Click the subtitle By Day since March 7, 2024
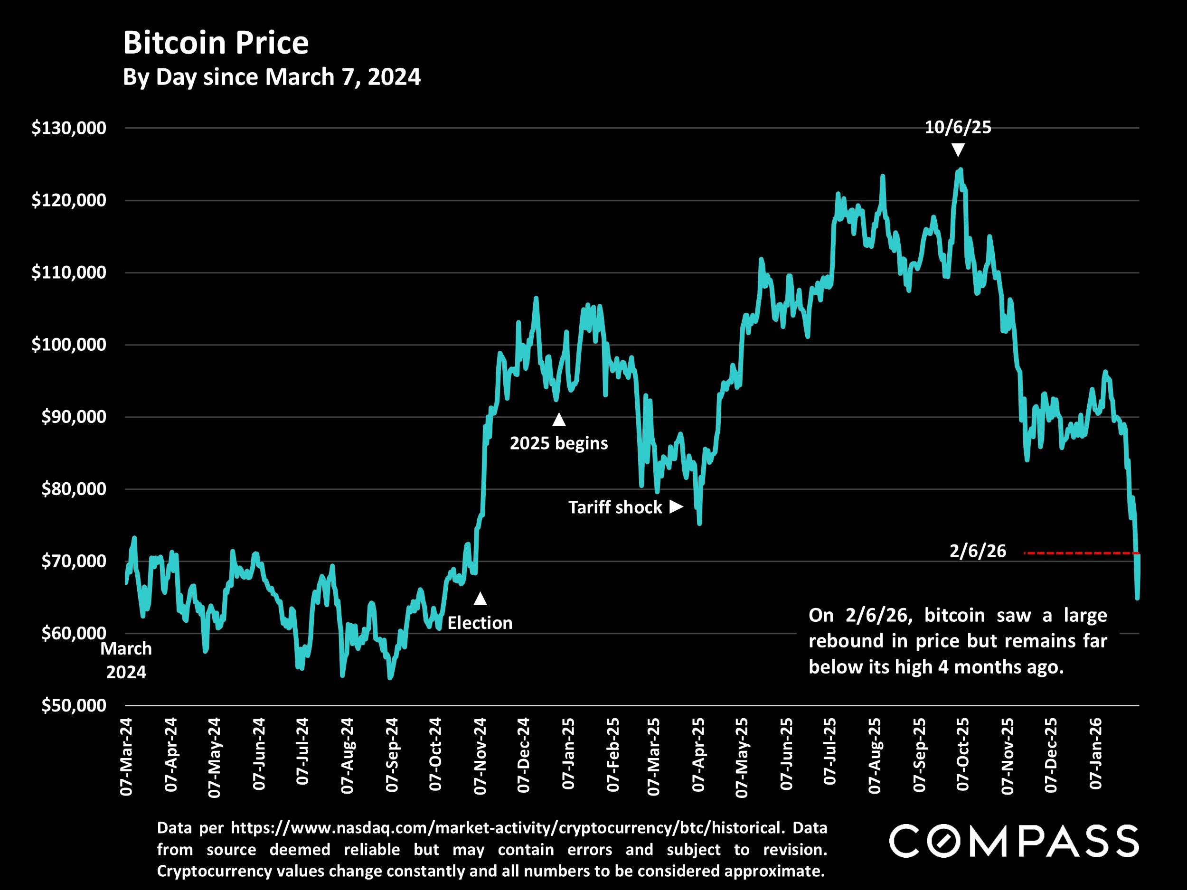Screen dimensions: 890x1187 (x=272, y=77)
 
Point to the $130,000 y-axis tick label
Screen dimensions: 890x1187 (x=69, y=128)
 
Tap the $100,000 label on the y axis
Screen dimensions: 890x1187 (x=69, y=345)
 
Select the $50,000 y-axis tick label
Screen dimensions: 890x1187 (x=74, y=705)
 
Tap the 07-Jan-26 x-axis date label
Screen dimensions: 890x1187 (x=1096, y=754)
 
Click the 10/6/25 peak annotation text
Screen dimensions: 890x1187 (x=958, y=127)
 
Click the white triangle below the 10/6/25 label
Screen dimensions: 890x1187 (x=958, y=150)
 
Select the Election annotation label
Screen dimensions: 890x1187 (x=480, y=623)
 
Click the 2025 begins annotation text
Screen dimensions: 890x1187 (x=559, y=443)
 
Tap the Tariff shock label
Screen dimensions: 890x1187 (x=615, y=507)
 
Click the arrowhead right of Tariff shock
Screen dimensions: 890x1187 (x=676, y=506)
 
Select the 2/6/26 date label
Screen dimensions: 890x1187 (x=978, y=551)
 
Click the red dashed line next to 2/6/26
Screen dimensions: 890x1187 (x=1079, y=553)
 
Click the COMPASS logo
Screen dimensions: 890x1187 (x=1014, y=841)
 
